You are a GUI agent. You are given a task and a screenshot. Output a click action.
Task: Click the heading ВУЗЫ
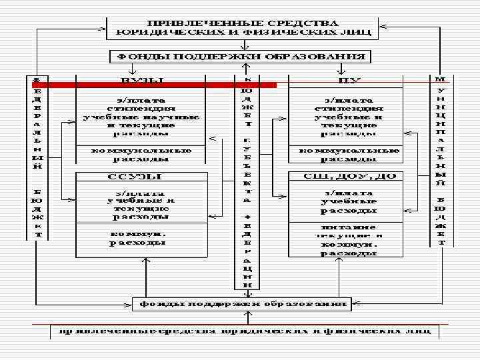pos(142,80)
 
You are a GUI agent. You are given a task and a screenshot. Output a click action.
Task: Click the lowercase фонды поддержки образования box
pos(241,304)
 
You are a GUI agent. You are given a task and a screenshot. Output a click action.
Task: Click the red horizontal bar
pos(153,85)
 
